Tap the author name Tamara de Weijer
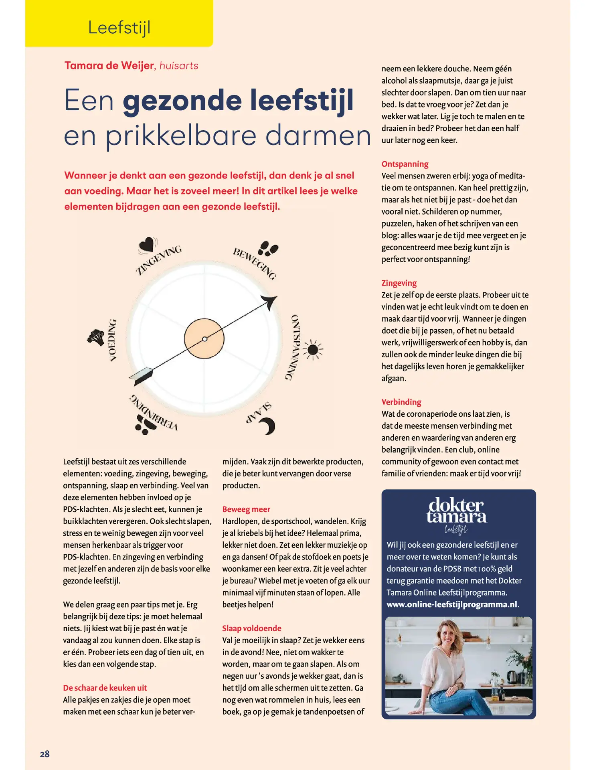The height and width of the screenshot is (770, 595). click(109, 65)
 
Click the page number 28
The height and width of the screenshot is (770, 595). click(45, 754)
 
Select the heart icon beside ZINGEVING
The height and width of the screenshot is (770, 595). click(147, 244)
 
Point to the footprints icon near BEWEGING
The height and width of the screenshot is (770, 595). click(268, 248)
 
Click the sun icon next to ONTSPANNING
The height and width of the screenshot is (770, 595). click(313, 350)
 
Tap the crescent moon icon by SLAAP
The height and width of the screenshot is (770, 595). click(268, 426)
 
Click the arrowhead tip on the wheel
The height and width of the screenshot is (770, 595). click(271, 301)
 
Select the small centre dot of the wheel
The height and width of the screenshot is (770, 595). click(204, 339)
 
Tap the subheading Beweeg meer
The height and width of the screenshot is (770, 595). click(246, 509)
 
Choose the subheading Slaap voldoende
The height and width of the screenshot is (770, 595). click(252, 628)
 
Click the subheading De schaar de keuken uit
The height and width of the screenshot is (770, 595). click(105, 688)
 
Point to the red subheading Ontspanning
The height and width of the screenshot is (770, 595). click(405, 164)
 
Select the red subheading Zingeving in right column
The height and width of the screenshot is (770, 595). click(399, 283)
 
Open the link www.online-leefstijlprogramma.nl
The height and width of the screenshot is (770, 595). click(452, 604)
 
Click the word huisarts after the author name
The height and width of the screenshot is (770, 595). click(179, 65)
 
